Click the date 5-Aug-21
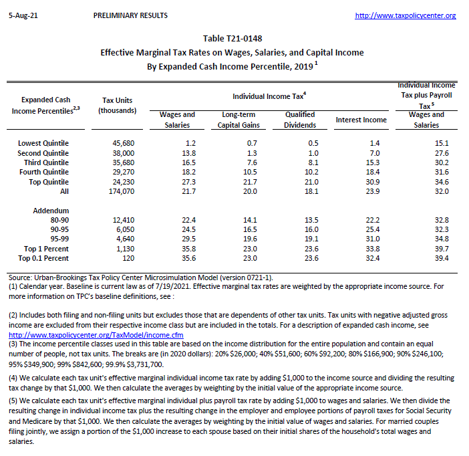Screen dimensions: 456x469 tap(22, 15)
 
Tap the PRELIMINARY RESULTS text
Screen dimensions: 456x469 tap(131, 15)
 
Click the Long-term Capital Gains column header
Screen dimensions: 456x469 tap(239, 120)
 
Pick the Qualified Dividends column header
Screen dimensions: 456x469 tap(300, 120)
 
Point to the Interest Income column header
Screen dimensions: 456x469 tap(361, 120)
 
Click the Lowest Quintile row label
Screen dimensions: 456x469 tap(43, 143)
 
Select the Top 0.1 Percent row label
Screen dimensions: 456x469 tap(43, 258)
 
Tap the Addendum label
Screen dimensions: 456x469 tap(51, 211)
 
